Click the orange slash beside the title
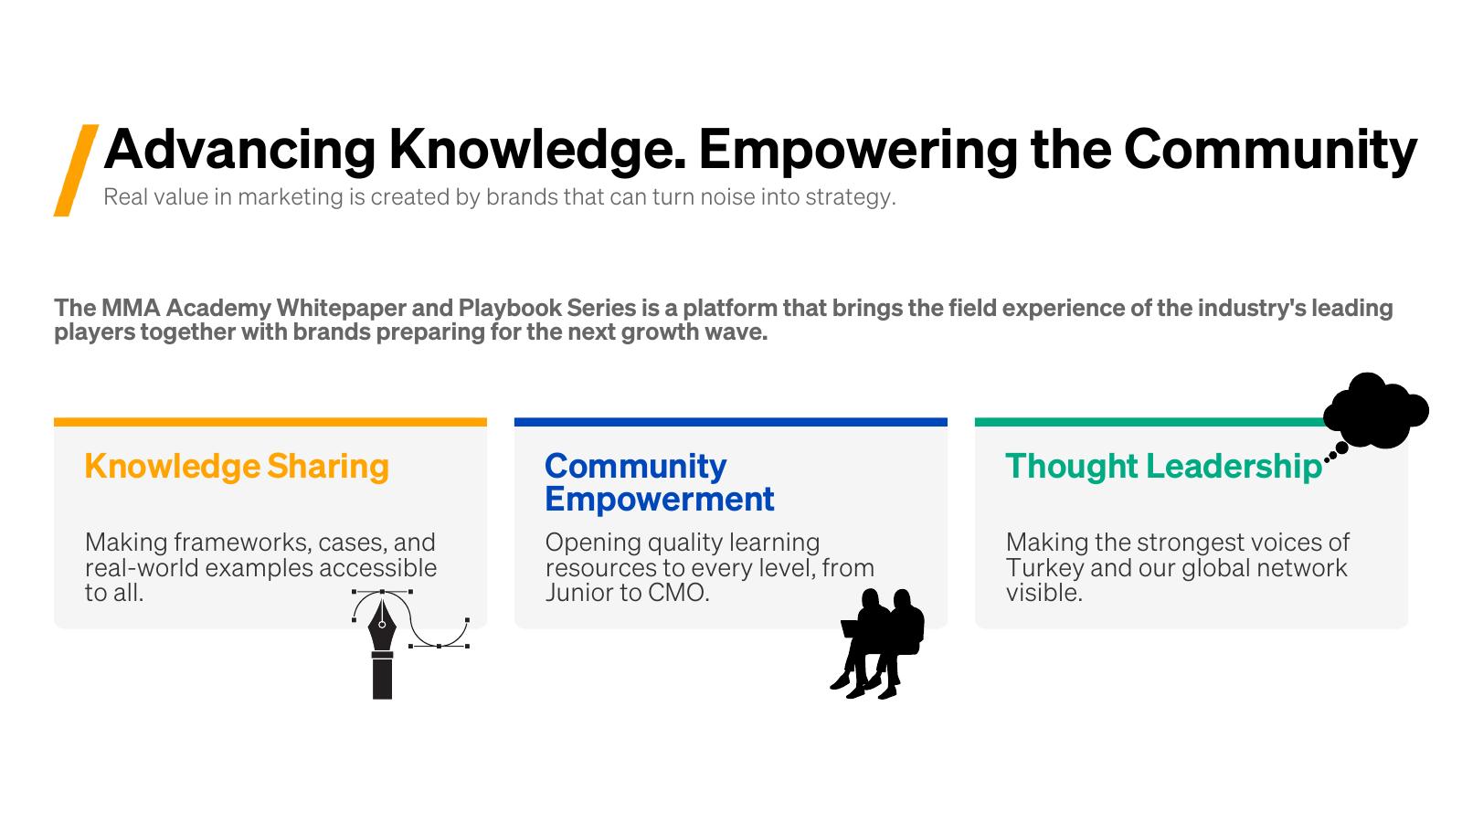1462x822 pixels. [76, 170]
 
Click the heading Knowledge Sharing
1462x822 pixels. [237, 467]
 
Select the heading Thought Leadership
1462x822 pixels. [1164, 467]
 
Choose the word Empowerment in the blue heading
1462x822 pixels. [659, 500]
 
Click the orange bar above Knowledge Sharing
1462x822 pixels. [270, 422]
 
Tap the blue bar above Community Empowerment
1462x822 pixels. [730, 422]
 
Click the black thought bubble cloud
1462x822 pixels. [1376, 411]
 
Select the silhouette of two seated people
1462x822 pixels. [878, 644]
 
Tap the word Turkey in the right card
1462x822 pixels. [1045, 568]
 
